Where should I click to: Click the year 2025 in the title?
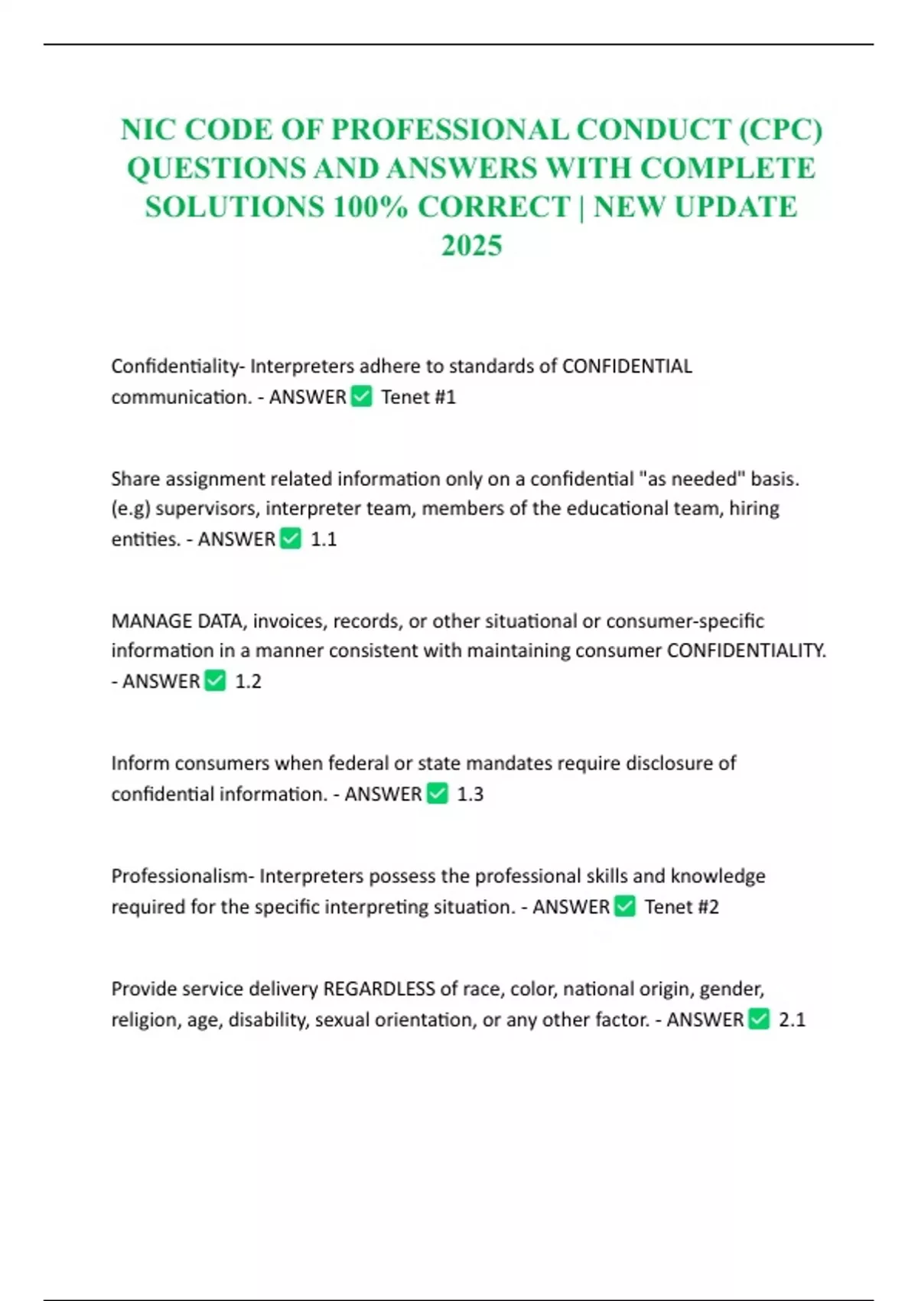pos(471,246)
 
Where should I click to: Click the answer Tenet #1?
pos(418,397)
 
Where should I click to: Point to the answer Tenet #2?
pos(682,907)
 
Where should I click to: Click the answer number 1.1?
pos(324,540)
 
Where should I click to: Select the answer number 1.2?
pos(248,681)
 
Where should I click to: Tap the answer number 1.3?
pos(470,794)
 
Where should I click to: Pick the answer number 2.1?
pos(792,1019)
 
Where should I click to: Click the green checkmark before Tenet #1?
pos(361,396)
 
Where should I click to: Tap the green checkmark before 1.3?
pos(437,794)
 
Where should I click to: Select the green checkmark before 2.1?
pos(759,1019)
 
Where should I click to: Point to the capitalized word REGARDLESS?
pos(379,989)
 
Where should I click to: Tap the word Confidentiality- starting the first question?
pos(177,366)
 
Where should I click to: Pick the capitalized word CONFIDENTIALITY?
pos(746,650)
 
